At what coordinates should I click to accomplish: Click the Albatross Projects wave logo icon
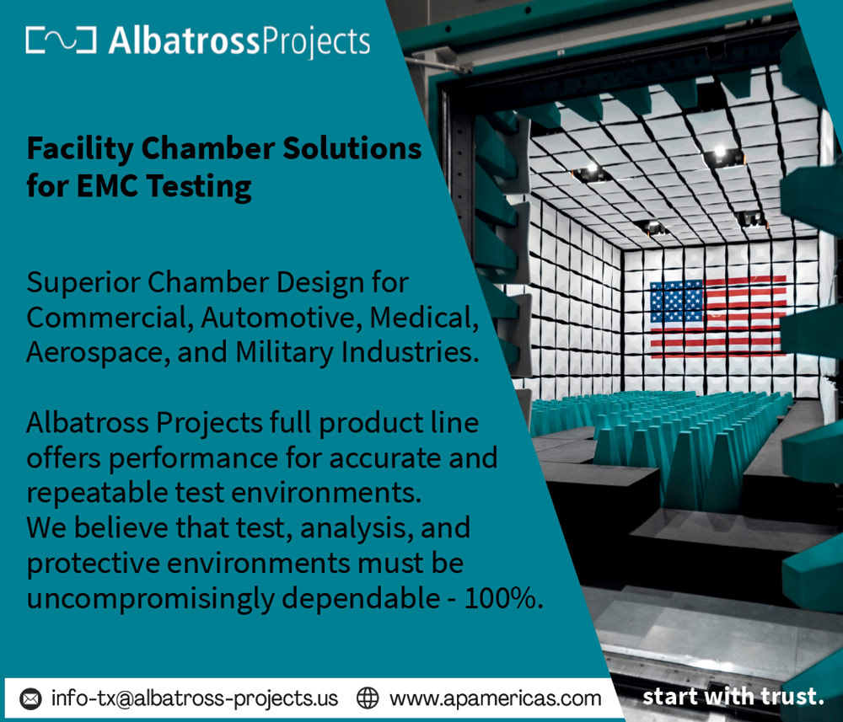(x=61, y=40)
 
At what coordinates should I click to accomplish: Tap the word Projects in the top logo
(x=315, y=42)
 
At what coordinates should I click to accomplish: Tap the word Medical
(x=424, y=318)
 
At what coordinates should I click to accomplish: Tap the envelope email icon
(x=30, y=699)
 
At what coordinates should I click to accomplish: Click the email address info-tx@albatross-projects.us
(x=195, y=699)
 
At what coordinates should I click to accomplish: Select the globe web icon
(x=368, y=698)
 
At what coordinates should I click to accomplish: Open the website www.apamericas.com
(x=495, y=699)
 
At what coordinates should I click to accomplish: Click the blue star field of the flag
(x=677, y=302)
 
